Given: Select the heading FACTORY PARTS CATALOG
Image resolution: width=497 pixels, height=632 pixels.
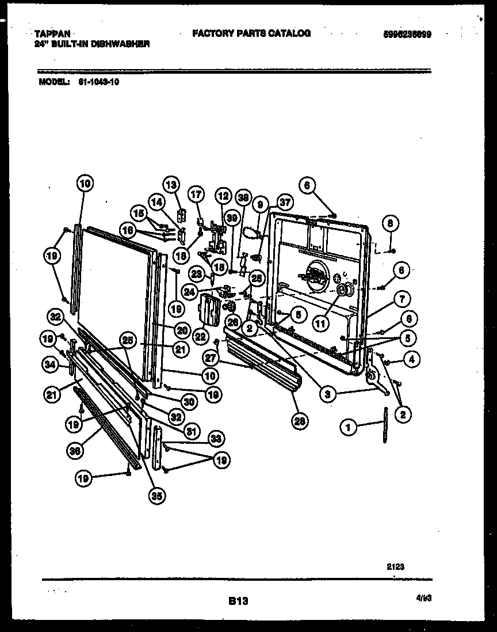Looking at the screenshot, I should [251, 33].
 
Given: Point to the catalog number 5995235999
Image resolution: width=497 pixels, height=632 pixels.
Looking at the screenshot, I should [407, 34].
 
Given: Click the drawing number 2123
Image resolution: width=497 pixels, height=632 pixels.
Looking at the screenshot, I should [395, 566].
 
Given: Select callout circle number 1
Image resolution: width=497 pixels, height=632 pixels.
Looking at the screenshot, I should [347, 427].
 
